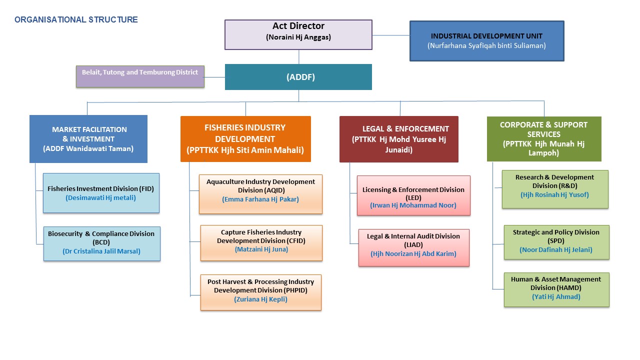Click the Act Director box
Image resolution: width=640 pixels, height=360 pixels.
point(298,34)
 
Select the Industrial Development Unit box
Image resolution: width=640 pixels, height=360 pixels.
point(486,41)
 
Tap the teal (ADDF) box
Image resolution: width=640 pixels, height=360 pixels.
point(298,77)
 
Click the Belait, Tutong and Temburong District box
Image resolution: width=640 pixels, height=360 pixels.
point(140,76)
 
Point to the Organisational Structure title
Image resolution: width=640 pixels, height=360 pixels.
point(76,20)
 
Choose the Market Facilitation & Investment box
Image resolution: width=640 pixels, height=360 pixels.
point(88,139)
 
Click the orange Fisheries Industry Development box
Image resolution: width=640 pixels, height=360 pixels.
point(245,139)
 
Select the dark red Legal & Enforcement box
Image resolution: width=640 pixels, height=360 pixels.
point(398,139)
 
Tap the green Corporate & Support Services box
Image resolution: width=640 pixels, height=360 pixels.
point(544,139)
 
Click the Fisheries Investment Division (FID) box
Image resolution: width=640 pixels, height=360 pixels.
point(101,193)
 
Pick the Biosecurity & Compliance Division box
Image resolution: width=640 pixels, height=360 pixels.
point(101,243)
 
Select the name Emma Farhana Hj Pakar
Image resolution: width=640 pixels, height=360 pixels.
point(260,199)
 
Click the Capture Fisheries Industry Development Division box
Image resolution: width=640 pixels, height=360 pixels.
point(261,242)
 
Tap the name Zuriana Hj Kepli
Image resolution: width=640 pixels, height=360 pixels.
point(260,299)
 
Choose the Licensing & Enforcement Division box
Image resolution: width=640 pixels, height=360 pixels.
point(413,195)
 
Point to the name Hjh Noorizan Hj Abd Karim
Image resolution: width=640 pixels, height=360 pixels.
point(413,253)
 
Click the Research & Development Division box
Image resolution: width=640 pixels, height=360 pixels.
point(555,189)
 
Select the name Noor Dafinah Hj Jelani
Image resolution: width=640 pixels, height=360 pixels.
point(556,249)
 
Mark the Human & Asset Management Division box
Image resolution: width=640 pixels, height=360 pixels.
point(556,289)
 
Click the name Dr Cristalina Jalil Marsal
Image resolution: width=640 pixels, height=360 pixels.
point(101,251)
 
